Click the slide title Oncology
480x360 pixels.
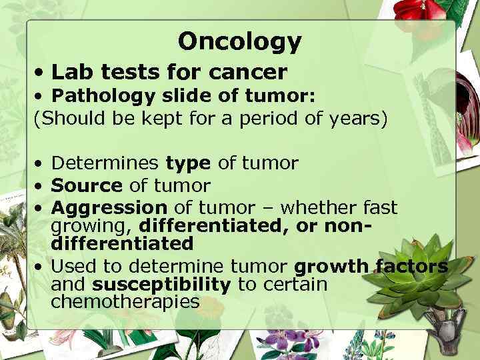click(x=239, y=42)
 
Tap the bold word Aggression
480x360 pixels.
click(x=109, y=207)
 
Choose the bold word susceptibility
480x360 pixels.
click(x=161, y=285)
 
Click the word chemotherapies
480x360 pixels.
click(x=125, y=302)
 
